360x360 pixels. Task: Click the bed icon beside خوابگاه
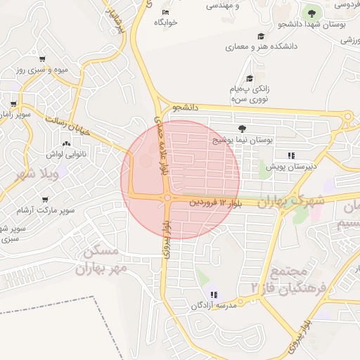165,13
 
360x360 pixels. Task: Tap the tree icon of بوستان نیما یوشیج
243,129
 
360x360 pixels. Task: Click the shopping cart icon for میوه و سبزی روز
43,60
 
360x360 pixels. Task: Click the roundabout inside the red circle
168,199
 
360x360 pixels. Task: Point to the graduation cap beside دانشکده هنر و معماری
261,36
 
